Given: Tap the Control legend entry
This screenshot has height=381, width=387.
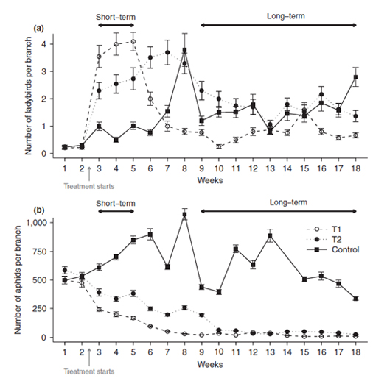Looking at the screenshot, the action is pos(332,249).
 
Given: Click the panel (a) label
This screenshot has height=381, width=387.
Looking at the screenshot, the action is pos(39,29).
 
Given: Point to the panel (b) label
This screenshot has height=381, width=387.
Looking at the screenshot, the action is pos(39,210).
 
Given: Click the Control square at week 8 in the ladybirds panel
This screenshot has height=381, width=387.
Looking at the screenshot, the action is pos(184,50).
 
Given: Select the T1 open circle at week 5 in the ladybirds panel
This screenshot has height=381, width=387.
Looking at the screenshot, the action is pos(133,42).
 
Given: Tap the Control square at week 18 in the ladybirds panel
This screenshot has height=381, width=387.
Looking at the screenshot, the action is pos(355,76).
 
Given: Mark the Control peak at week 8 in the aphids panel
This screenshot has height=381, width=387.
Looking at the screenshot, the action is pos(184,215).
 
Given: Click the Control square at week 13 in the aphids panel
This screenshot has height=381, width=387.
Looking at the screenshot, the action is pos(271,235).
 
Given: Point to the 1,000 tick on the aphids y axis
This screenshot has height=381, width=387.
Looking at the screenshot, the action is pos(36,223).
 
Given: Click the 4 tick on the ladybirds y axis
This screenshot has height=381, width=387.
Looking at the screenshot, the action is pos(43,44).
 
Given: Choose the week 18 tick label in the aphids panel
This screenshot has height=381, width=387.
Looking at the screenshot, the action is pos(355,352).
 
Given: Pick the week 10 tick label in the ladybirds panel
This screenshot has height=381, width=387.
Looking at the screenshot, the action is pos(219,168).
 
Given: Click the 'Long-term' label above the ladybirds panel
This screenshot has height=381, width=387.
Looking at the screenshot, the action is pos(286,16).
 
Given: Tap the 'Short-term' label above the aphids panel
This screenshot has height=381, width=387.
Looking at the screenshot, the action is pos(116,204).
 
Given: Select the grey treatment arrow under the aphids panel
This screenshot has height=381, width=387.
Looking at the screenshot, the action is pos(89,357).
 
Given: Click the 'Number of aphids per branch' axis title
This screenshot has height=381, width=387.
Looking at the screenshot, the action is pos(18,280).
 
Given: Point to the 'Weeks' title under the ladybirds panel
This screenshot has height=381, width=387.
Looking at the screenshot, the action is pos(210,180).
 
